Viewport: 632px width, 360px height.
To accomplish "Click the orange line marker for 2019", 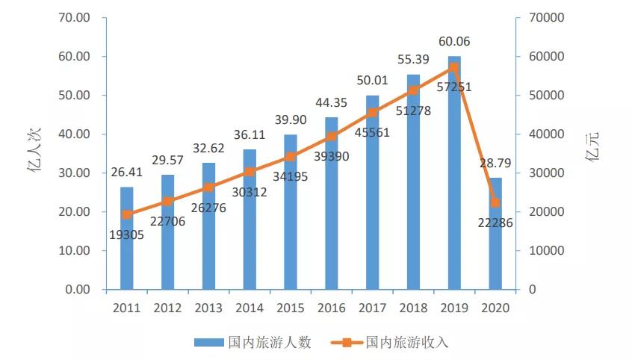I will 454,67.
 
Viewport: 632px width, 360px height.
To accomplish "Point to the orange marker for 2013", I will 208,187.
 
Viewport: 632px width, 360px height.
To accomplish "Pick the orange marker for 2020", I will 495,202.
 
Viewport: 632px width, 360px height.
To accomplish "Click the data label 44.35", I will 332,102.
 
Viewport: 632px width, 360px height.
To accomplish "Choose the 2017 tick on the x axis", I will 372,308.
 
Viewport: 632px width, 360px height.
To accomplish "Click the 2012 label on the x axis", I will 167,308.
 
